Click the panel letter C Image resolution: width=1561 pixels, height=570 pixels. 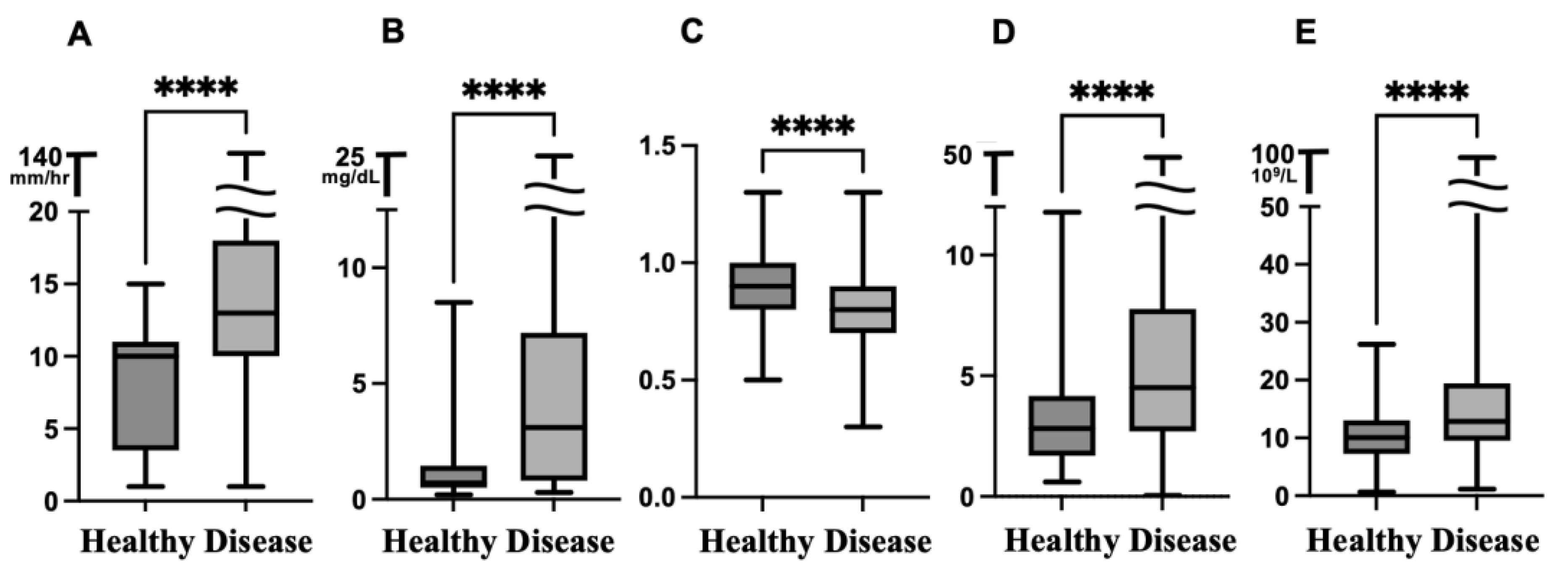click(692, 32)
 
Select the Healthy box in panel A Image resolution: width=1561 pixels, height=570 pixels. click(145, 396)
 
